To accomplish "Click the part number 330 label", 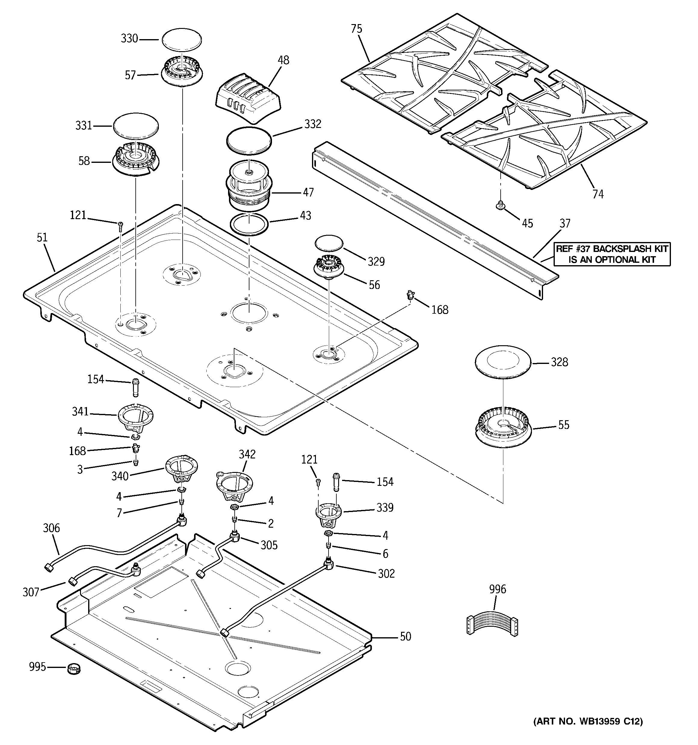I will pos(129,39).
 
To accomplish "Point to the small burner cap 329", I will pos(329,243).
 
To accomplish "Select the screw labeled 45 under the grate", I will pos(500,205).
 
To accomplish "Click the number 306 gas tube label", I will pos(51,528).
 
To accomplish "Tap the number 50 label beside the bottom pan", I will pos(405,636).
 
